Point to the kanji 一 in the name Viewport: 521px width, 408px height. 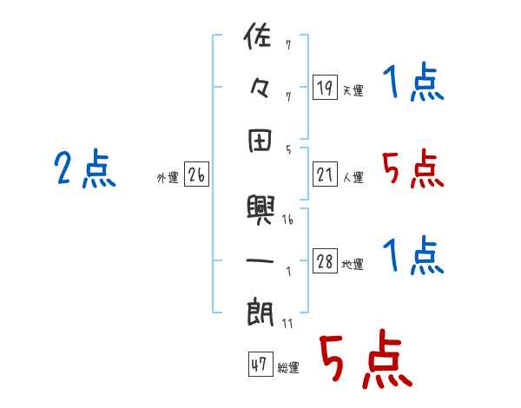point(260,260)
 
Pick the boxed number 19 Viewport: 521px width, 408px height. point(324,87)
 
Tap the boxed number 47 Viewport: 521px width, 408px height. point(259,365)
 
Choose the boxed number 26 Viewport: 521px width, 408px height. point(195,176)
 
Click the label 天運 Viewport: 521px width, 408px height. point(353,90)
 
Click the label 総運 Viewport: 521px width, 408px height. point(288,368)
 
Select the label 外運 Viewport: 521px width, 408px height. point(168,178)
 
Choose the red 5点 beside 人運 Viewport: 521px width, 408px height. point(412,168)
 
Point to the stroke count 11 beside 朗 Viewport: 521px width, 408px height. point(287,323)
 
